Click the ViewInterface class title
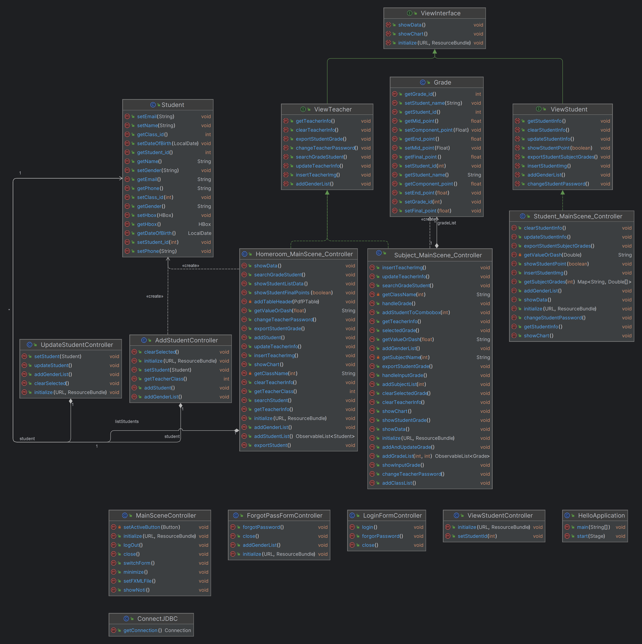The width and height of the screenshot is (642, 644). (440, 13)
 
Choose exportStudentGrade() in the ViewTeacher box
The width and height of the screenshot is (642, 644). (321, 139)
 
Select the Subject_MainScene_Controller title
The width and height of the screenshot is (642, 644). (438, 255)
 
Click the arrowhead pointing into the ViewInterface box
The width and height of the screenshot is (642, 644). (435, 52)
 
